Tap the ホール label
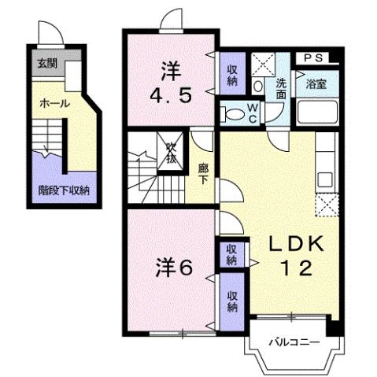click(x=54, y=103)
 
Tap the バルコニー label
click(x=291, y=342)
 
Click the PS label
click(x=314, y=57)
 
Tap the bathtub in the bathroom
click(x=315, y=115)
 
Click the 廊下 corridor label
click(x=202, y=172)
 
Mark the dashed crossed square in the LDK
click(x=326, y=205)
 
